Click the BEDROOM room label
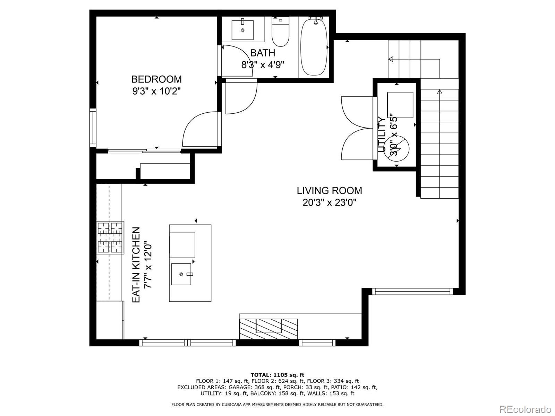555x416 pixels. [x=156, y=79]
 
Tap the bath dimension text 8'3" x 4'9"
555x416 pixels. [x=263, y=65]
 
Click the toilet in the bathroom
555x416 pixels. [x=280, y=33]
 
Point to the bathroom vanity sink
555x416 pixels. [x=242, y=30]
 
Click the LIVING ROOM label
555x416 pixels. [x=329, y=190]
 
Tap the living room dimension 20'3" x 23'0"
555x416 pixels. [x=329, y=202]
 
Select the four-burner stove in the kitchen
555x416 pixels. [x=111, y=237]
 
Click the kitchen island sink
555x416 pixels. [x=181, y=274]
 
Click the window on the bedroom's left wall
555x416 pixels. [x=93, y=127]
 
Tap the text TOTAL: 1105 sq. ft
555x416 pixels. [x=277, y=375]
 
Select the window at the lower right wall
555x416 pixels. [x=412, y=292]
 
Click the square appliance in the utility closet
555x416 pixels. [x=400, y=105]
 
